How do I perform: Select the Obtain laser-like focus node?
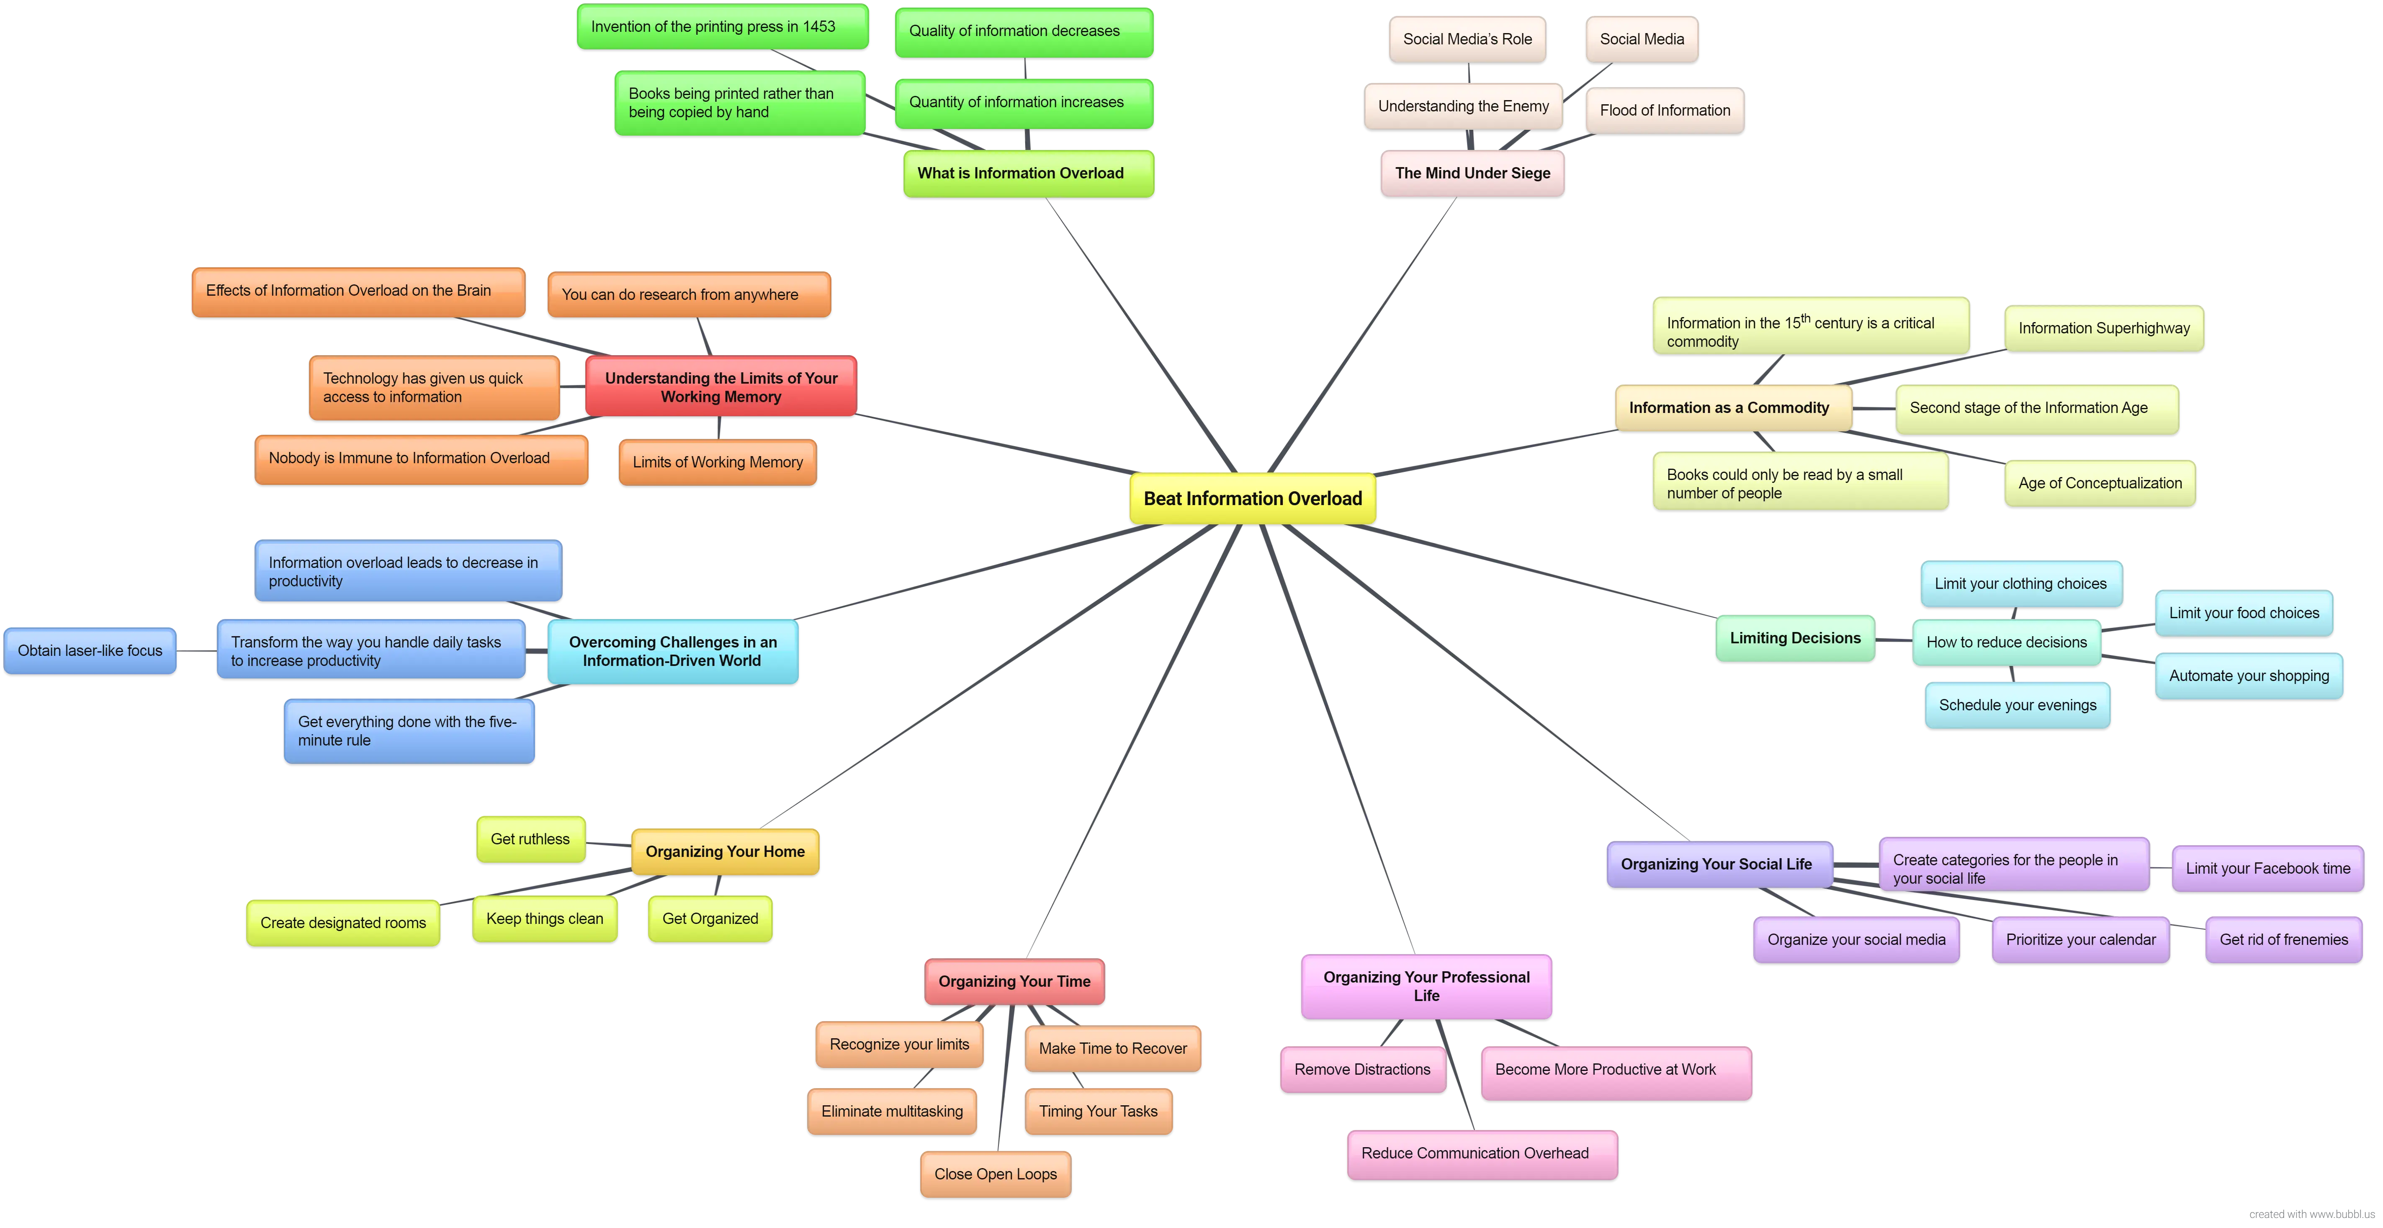click(x=90, y=650)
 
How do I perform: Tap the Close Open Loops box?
click(x=996, y=1174)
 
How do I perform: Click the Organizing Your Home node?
click(x=725, y=851)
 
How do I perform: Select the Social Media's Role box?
click(x=1467, y=39)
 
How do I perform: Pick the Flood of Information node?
click(x=1665, y=110)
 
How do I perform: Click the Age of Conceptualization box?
click(x=2100, y=483)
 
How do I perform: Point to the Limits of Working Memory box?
click(x=718, y=462)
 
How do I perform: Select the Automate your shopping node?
click(x=2249, y=676)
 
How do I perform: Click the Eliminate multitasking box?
click(x=892, y=1112)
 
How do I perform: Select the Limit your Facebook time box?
click(x=2267, y=868)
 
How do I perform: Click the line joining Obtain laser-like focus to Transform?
click(x=196, y=650)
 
